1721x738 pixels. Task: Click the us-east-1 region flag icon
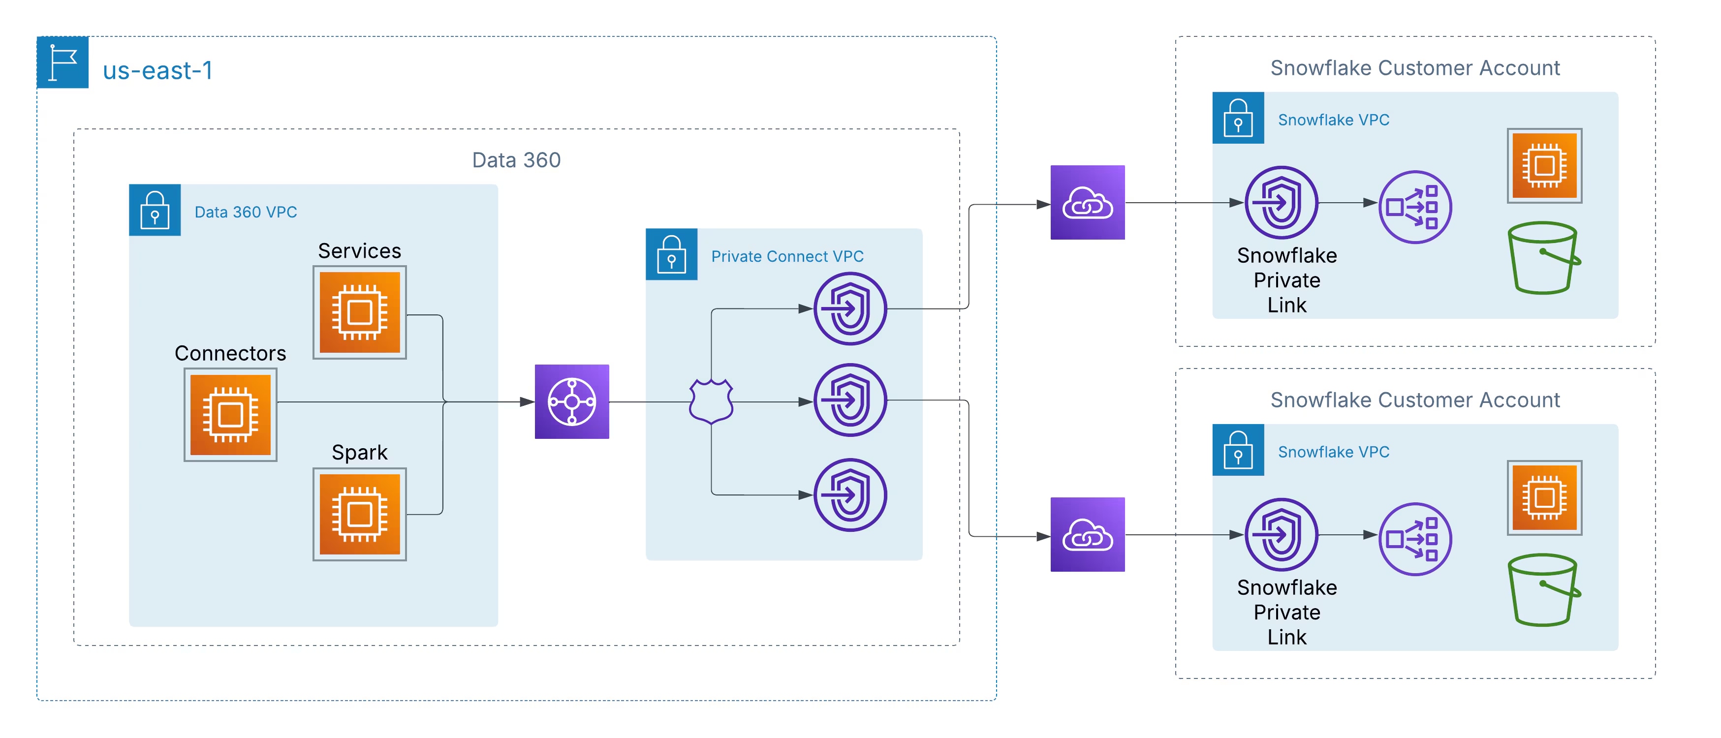point(62,62)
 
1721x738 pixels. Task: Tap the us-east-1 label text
point(157,70)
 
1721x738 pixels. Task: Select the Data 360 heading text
point(516,160)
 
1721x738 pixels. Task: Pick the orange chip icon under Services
point(359,312)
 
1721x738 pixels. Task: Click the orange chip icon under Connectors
point(230,415)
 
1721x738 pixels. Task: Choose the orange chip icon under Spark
point(359,514)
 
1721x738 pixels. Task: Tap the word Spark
point(359,452)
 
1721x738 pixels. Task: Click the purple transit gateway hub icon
point(572,401)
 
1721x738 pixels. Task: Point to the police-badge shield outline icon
point(711,401)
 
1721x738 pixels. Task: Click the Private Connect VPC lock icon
point(671,254)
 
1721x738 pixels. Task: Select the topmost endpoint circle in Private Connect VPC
point(850,308)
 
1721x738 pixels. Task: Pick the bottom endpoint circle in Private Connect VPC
point(850,495)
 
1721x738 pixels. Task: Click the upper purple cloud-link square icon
point(1087,202)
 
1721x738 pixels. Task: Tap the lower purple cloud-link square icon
point(1087,534)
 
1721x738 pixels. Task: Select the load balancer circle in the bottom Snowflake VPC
point(1415,539)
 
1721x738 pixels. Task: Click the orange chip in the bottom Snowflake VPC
point(1544,497)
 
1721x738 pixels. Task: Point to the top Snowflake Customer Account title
point(1414,68)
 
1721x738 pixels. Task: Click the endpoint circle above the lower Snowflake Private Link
point(1281,534)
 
